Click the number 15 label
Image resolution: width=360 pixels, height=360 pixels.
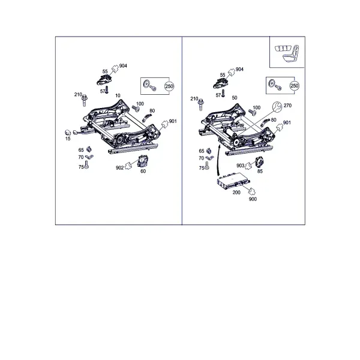(68, 139)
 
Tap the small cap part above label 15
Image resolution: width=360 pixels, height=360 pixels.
(68, 133)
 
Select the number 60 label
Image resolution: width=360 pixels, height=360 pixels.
(143, 171)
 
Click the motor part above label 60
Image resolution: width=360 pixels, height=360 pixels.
(143, 161)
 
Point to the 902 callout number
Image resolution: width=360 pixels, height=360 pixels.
(119, 168)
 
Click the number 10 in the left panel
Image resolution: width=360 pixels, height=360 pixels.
(118, 95)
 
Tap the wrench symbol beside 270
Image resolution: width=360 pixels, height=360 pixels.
(277, 107)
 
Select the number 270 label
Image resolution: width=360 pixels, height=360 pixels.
(287, 106)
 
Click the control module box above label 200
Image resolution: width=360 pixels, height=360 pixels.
(233, 181)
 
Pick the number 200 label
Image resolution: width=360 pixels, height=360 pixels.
(236, 193)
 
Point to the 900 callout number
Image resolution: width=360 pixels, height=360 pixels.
(253, 199)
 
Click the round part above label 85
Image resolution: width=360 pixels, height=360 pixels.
(259, 162)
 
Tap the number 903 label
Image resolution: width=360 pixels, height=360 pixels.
(240, 166)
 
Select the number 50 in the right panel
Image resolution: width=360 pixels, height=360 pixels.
(235, 98)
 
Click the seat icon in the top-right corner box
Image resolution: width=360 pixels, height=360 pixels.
(287, 53)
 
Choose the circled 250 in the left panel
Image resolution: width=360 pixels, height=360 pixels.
(169, 86)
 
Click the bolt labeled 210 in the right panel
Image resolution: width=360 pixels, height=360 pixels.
(201, 104)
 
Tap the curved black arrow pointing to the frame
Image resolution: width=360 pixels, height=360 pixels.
(218, 161)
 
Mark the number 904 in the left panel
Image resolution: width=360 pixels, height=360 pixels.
(123, 66)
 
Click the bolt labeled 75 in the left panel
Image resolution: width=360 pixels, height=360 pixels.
(86, 165)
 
